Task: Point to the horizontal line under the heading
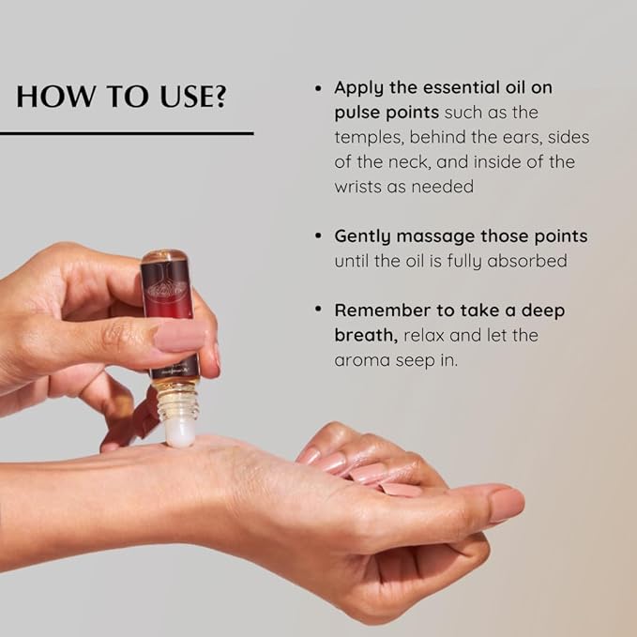(127, 133)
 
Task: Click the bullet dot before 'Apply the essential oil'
(319, 87)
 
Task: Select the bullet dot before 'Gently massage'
(319, 235)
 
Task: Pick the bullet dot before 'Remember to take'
(319, 310)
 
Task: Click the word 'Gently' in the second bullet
(369, 235)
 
